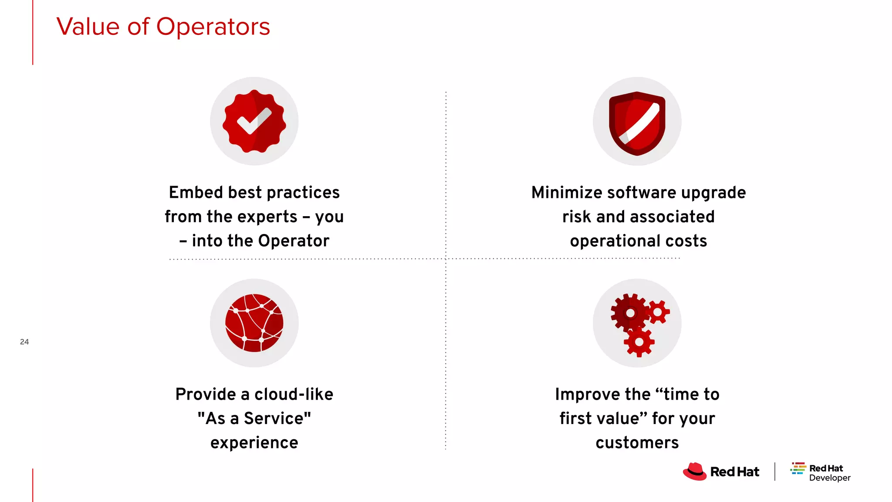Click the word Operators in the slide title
pos(213,27)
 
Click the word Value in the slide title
pos(88,27)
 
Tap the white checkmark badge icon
pos(254,121)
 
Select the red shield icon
pos(637,123)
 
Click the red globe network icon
pos(254,323)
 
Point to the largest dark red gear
pos(630,313)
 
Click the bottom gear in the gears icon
pos(639,342)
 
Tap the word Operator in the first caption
pos(294,241)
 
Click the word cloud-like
pos(294,394)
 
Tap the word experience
pos(254,443)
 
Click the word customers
pos(637,443)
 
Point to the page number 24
pos(24,342)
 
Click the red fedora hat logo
pos(694,471)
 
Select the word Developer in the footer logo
pos(829,478)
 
